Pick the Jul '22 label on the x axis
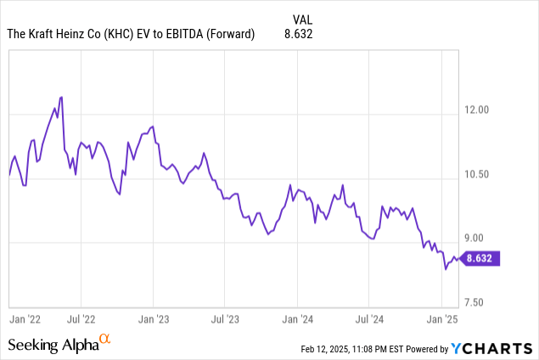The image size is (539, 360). pos(81,319)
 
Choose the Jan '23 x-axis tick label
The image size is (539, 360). pos(153,319)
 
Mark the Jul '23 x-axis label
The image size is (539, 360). pos(224,319)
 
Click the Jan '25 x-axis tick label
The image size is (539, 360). pos(441,319)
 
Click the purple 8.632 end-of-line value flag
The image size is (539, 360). pos(483,258)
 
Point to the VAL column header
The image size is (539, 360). pos(301,18)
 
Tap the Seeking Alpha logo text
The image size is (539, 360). pos(53,345)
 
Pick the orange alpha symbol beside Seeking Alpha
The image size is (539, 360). pos(105,340)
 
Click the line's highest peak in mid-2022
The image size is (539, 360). pos(61,97)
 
